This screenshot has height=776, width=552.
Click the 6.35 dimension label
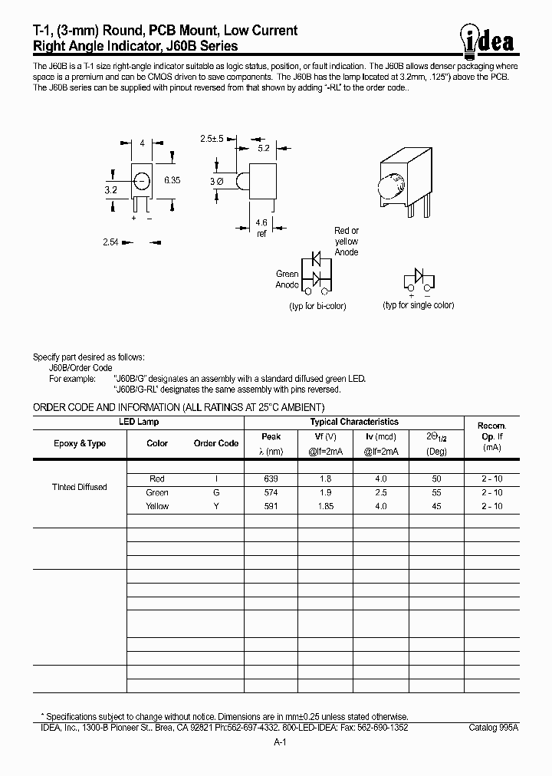click(172, 181)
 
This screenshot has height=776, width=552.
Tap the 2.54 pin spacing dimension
click(110, 242)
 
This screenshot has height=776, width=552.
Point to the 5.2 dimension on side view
click(263, 147)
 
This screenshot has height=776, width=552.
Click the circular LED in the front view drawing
click(141, 182)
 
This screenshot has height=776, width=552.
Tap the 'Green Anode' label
click(287, 279)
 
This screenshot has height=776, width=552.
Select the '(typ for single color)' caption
click(419, 305)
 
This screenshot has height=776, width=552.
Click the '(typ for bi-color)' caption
click(317, 306)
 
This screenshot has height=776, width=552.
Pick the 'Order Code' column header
click(215, 443)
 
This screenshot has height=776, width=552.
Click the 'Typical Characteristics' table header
click(353, 422)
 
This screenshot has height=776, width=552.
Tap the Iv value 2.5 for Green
click(380, 492)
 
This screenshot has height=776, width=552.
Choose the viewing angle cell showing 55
click(435, 492)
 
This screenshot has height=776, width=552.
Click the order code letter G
click(216, 492)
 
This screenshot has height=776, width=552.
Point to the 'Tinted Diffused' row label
click(79, 487)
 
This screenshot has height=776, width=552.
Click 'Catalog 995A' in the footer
click(494, 726)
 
